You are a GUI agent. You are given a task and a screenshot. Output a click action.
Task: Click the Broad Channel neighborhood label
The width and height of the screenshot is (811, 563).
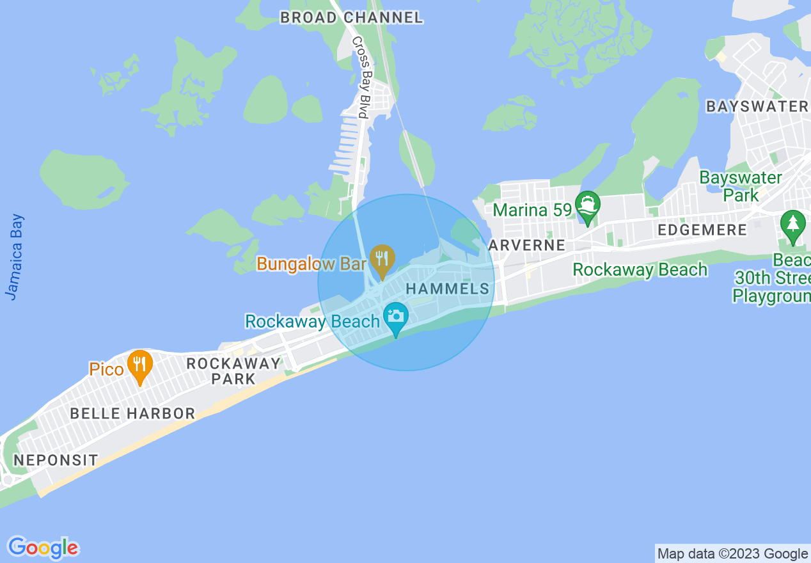point(351,17)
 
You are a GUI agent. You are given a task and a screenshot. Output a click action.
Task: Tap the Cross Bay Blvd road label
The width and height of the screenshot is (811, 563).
point(361,77)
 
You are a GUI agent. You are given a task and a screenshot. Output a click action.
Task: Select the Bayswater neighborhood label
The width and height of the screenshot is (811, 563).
point(757,106)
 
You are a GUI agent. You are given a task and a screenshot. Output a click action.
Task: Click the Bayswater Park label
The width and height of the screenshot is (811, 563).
point(741,186)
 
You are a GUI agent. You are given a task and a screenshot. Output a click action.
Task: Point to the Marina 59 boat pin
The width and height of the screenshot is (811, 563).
point(587,205)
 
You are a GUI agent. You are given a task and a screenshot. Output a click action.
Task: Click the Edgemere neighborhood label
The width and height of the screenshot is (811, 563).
point(702,230)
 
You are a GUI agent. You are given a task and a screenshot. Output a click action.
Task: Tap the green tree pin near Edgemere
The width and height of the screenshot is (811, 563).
point(793,225)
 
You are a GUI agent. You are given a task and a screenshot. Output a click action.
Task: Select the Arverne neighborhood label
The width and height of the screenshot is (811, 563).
point(526,245)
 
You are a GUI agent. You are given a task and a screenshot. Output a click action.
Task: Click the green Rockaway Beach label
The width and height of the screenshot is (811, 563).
point(640,269)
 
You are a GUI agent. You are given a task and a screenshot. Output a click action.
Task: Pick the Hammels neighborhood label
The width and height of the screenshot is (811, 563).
point(448,289)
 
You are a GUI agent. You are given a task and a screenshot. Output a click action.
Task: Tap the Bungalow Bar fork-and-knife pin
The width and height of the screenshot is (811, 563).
point(382,260)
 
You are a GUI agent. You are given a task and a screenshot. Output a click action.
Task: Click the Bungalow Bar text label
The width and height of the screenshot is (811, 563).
point(311,263)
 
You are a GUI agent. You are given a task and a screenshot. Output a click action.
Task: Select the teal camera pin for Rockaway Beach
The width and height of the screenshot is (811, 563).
point(396,317)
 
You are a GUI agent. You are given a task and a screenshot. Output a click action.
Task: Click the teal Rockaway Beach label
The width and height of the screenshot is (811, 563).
point(313,321)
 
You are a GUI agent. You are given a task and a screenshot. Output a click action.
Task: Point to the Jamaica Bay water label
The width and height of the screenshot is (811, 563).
point(15,256)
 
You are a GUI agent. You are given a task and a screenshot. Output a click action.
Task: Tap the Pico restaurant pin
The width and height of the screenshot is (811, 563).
point(139,365)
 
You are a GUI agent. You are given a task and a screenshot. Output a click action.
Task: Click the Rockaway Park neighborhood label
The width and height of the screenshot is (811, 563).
point(233,371)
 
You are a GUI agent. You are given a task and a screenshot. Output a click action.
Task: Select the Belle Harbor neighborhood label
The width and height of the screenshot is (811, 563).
point(132,413)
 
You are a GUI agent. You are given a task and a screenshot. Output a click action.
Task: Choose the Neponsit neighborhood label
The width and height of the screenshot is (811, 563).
point(56,459)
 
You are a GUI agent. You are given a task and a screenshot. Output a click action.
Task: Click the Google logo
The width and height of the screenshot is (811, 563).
point(43,548)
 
